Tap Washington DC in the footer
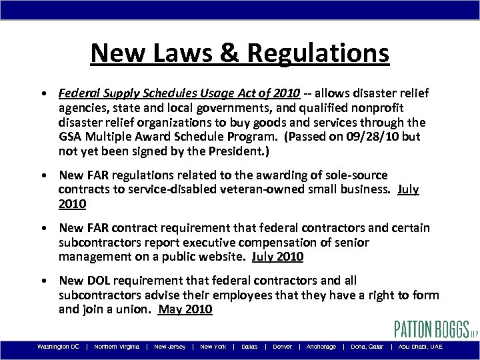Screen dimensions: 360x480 [x=59, y=347]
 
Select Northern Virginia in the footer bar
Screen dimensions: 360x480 [x=117, y=347]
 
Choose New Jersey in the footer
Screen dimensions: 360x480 [x=170, y=347]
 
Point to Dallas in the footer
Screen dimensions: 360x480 [x=249, y=347]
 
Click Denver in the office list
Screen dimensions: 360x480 [x=282, y=347]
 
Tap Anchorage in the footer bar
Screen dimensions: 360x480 [x=321, y=347]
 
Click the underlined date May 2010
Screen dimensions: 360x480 [x=185, y=309]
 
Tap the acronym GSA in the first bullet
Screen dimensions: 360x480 [x=70, y=139]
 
